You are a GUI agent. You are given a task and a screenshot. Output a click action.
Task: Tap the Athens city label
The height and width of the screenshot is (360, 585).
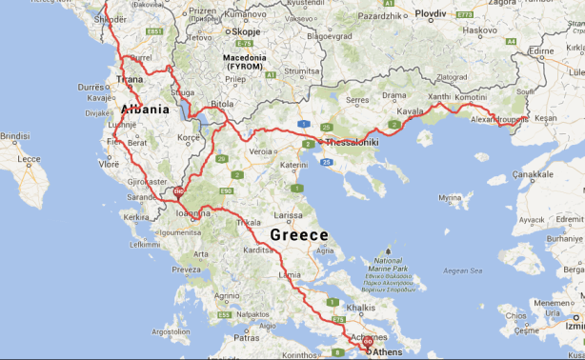point(387,352)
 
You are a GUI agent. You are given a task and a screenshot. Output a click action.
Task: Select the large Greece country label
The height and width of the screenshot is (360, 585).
point(299,234)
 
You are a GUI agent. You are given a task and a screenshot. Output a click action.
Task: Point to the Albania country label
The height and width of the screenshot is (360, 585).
point(146,110)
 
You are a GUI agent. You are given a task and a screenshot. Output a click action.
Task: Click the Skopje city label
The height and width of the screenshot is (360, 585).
point(246,31)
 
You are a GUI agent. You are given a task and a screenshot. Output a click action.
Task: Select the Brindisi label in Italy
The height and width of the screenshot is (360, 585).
point(14,136)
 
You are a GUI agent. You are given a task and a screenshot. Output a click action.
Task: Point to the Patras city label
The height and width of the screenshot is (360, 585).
point(247,337)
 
